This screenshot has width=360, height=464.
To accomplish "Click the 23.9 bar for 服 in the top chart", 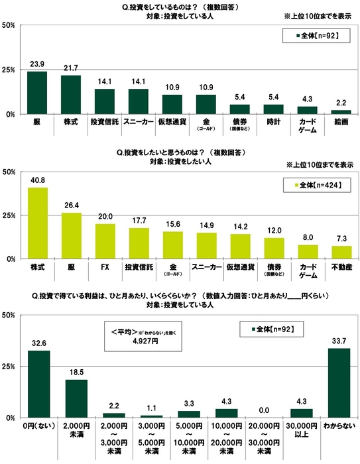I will click(x=37, y=93).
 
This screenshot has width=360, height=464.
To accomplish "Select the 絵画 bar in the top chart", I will click(x=341, y=112).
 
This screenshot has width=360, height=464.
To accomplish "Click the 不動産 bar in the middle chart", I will click(x=341, y=253).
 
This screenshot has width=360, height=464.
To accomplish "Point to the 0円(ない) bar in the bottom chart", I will click(x=38, y=384).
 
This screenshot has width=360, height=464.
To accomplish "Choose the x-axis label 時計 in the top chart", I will click(x=273, y=123).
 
